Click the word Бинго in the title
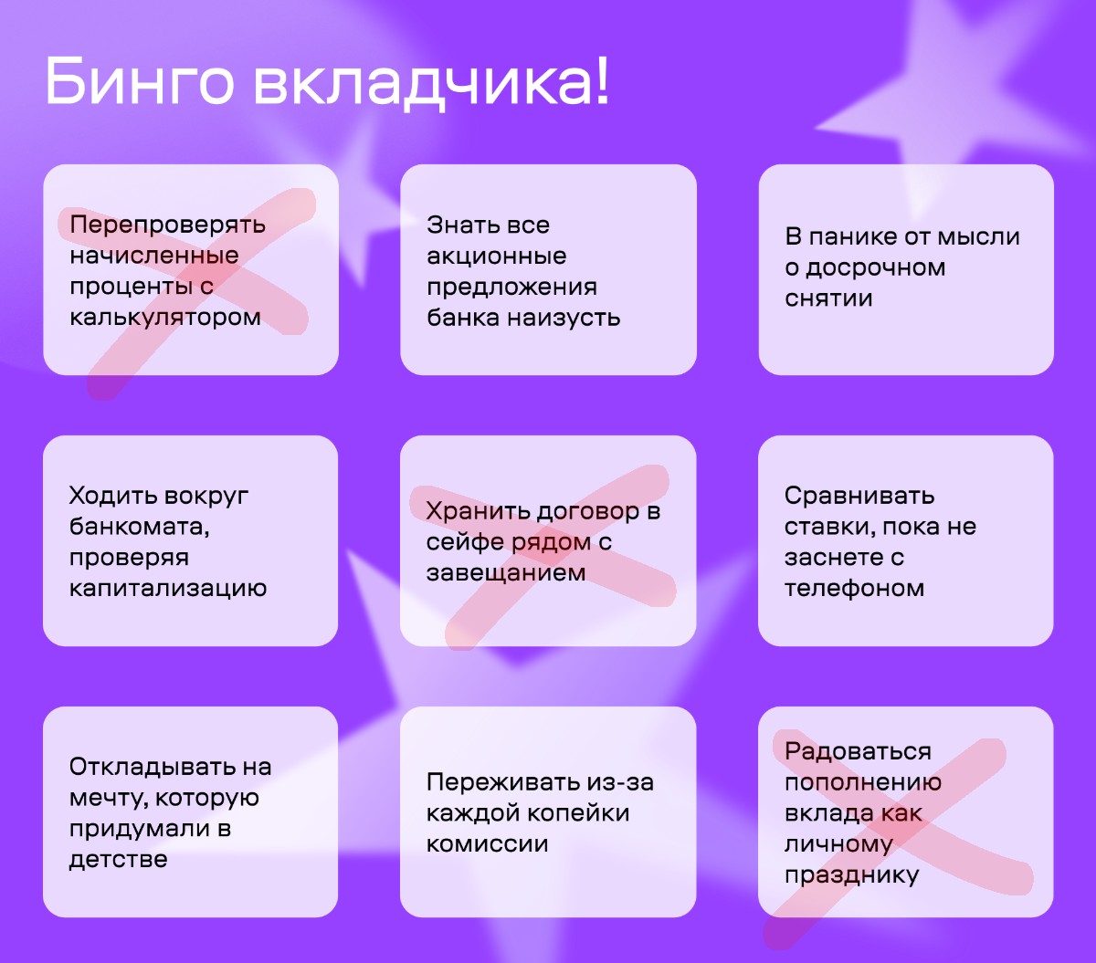point(140,80)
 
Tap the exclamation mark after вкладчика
point(603,79)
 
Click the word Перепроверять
point(168,225)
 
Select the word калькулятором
point(165,317)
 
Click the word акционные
point(496,256)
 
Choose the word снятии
point(828,298)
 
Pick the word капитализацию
point(168,588)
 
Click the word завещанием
point(506,572)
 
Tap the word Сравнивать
point(859,496)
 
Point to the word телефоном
point(854,588)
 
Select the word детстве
point(118,859)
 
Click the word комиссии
point(487,843)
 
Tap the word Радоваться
point(858,751)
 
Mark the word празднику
point(851,874)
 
